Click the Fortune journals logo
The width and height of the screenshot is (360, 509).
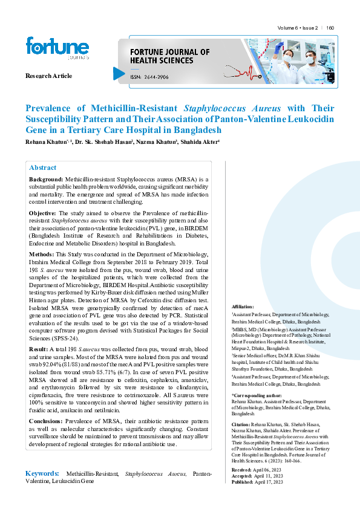[x=57, y=49]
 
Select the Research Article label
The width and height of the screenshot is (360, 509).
[x=48, y=76]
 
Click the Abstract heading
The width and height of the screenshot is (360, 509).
[x=43, y=167]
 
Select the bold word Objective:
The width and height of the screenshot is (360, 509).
[x=44, y=214]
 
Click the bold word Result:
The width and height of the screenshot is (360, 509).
[x=39, y=349]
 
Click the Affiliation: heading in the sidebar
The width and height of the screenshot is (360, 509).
[x=243, y=308]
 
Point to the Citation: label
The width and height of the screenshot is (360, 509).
[x=242, y=425]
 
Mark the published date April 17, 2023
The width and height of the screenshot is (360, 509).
[x=270, y=482]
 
